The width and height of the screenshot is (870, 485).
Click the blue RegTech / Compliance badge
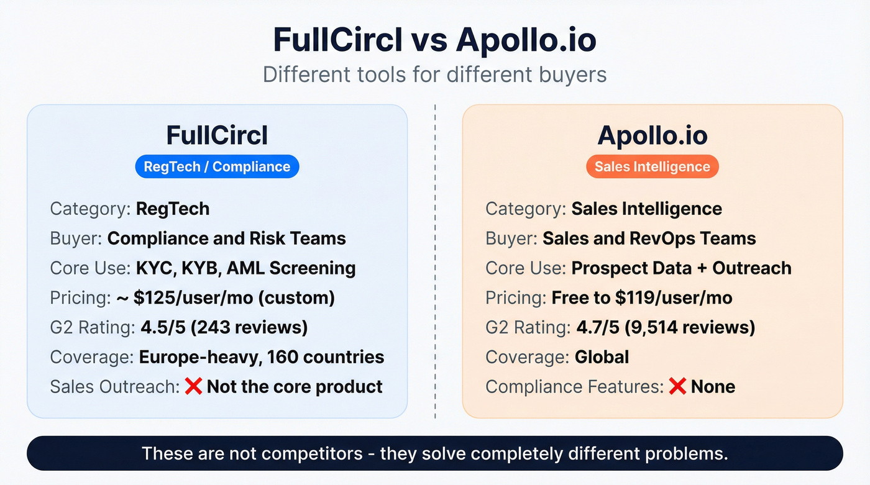[217, 166]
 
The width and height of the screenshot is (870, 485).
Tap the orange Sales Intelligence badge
[652, 166]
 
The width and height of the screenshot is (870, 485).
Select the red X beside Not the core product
[193, 386]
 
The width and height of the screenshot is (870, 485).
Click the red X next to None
[677, 386]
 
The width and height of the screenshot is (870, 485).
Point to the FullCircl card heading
[217, 135]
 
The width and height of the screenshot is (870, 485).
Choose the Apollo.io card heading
[652, 135]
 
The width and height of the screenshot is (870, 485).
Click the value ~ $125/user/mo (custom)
[225, 297]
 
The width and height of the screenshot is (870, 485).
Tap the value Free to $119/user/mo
[642, 297]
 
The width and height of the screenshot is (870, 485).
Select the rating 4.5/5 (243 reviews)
[223, 327]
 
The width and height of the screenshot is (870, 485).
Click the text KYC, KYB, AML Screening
[245, 268]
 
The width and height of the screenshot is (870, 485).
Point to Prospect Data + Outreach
[681, 268]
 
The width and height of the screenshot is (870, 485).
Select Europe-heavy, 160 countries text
[261, 357]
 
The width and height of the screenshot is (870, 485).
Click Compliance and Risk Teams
[226, 238]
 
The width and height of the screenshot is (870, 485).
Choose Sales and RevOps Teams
[649, 238]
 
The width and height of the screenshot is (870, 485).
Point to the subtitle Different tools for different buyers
[434, 75]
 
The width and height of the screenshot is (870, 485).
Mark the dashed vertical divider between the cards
[435, 261]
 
